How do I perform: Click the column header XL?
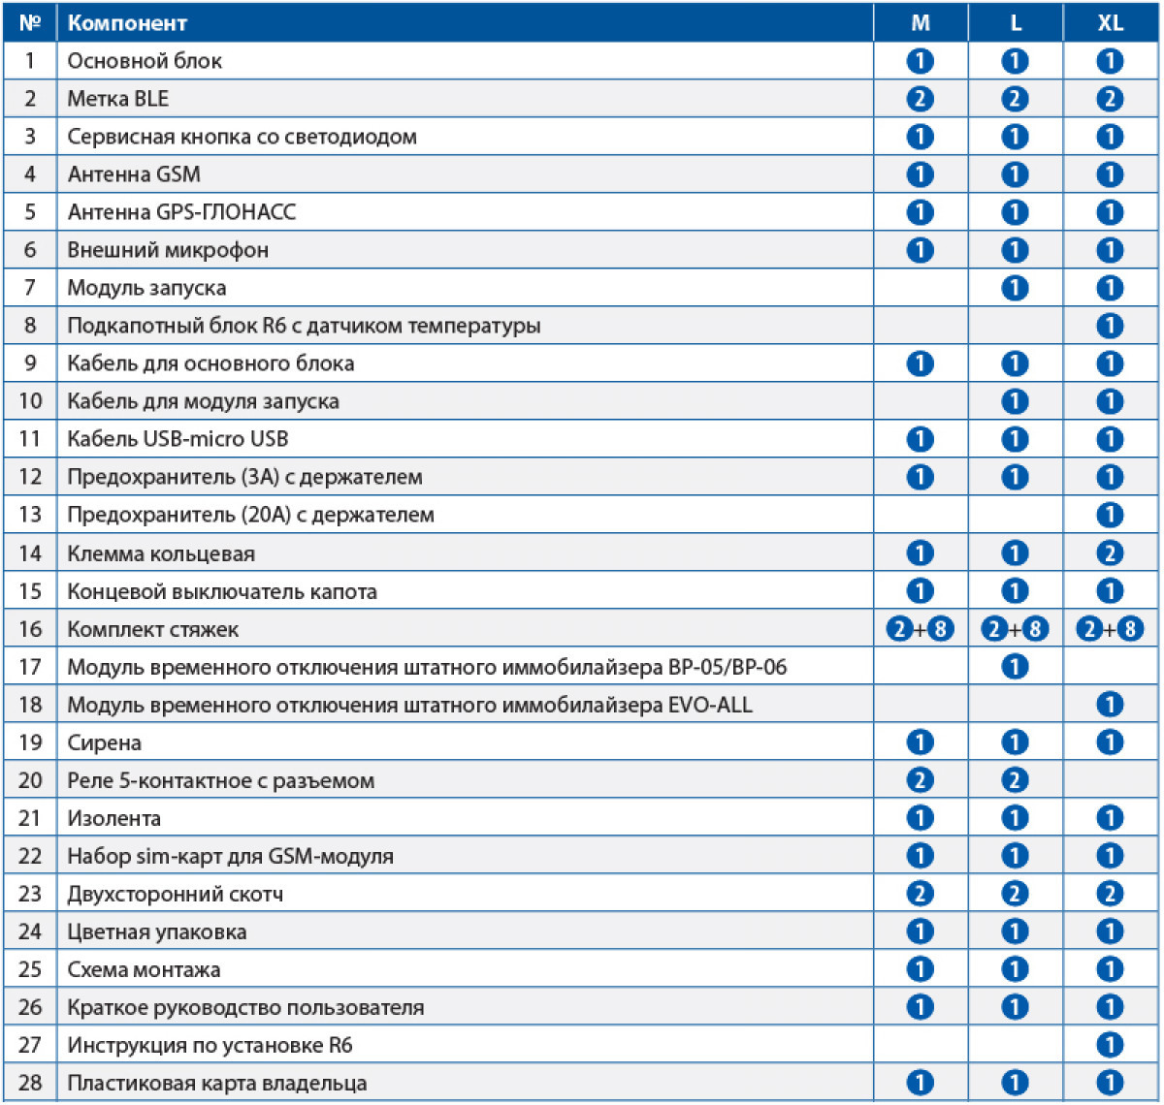point(1110,22)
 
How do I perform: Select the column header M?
point(920,22)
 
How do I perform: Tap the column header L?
point(1015,22)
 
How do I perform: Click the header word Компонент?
point(127,22)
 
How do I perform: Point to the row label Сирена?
point(104,742)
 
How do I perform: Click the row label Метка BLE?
point(117,99)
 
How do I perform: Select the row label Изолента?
point(113,818)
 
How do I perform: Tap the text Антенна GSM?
point(134,174)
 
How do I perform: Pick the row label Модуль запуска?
point(146,288)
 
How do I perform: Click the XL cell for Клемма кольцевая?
point(1110,553)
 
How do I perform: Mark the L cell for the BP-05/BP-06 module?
point(1015,667)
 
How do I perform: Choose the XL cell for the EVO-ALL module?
point(1110,705)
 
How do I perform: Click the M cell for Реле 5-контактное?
point(920,780)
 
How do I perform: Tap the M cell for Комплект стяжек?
point(920,629)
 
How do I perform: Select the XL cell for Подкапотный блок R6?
point(1110,326)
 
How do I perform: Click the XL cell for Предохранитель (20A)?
point(1110,515)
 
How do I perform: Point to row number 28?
point(30,1083)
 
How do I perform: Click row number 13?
point(30,515)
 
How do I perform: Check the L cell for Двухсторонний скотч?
point(1015,894)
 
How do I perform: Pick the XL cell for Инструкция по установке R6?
point(1110,1045)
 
